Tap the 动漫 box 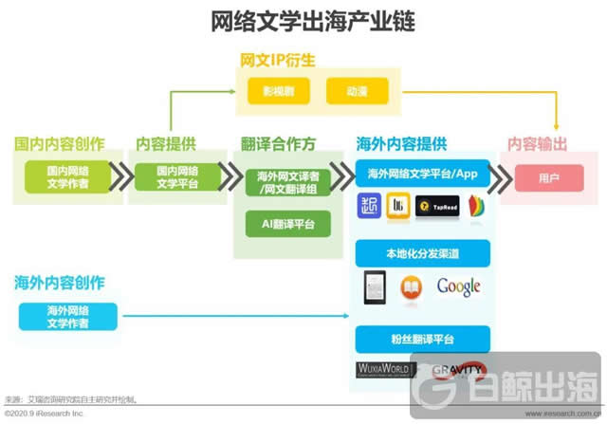(356, 92)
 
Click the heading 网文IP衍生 (278, 61)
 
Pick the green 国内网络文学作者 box (67, 176)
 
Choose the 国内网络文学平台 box (167, 176)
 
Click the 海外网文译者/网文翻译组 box (286, 182)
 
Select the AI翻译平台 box (286, 225)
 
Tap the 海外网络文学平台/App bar (422, 175)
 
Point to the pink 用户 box (548, 176)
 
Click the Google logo (459, 286)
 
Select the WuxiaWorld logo (383, 369)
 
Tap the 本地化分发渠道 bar (422, 253)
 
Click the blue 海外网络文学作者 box (67, 317)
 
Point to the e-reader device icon (375, 286)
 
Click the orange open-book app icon (412, 286)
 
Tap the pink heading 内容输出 (537, 144)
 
